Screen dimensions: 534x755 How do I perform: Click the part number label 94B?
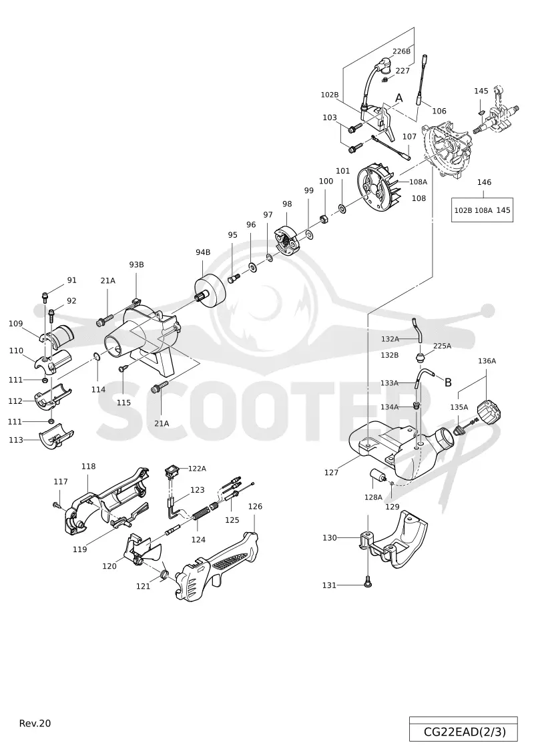click(x=203, y=252)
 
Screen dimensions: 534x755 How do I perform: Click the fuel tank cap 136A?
click(x=490, y=411)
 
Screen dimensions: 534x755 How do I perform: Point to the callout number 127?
click(x=331, y=473)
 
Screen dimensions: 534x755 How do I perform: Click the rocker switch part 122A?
click(x=172, y=470)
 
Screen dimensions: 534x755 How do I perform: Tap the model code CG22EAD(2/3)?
click(x=465, y=732)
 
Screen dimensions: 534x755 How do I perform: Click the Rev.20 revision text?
click(x=35, y=723)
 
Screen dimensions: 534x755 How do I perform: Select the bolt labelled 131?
click(x=368, y=583)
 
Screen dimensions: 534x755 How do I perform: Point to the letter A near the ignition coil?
click(x=398, y=98)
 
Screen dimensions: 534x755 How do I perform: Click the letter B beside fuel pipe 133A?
click(x=448, y=383)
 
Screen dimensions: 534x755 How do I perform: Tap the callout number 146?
click(x=484, y=182)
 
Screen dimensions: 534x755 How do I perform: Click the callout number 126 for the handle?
click(x=255, y=506)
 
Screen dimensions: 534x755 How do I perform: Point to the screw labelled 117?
click(x=57, y=504)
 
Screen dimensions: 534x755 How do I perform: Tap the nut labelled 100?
click(x=324, y=220)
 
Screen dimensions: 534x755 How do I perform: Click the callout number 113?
click(x=16, y=440)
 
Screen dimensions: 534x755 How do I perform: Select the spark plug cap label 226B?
click(x=402, y=51)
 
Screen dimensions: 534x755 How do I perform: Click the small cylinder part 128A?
click(x=376, y=476)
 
